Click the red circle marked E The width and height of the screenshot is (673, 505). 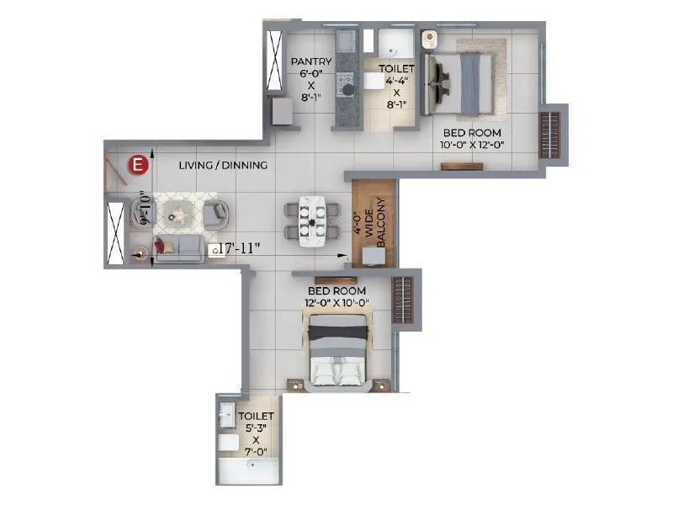click(x=136, y=166)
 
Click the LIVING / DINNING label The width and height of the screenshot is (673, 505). click(x=223, y=166)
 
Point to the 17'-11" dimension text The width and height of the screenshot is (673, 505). click(x=240, y=248)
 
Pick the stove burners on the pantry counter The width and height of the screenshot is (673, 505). click(x=345, y=83)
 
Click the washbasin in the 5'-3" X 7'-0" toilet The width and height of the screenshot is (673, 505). click(x=226, y=413)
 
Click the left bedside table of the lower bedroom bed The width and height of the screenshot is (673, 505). click(x=296, y=385)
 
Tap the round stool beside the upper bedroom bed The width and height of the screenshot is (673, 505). click(x=429, y=38)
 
